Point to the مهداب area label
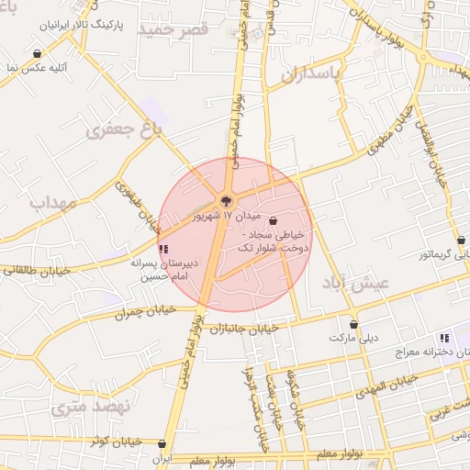click(51, 202)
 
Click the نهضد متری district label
click(92, 405)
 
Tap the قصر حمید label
click(174, 29)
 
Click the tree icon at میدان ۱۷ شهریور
click(225, 202)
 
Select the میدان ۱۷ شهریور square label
click(226, 218)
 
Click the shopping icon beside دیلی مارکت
click(354, 324)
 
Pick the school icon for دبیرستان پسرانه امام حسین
click(163, 249)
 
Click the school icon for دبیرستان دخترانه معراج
click(444, 338)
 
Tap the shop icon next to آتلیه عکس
click(36, 54)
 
